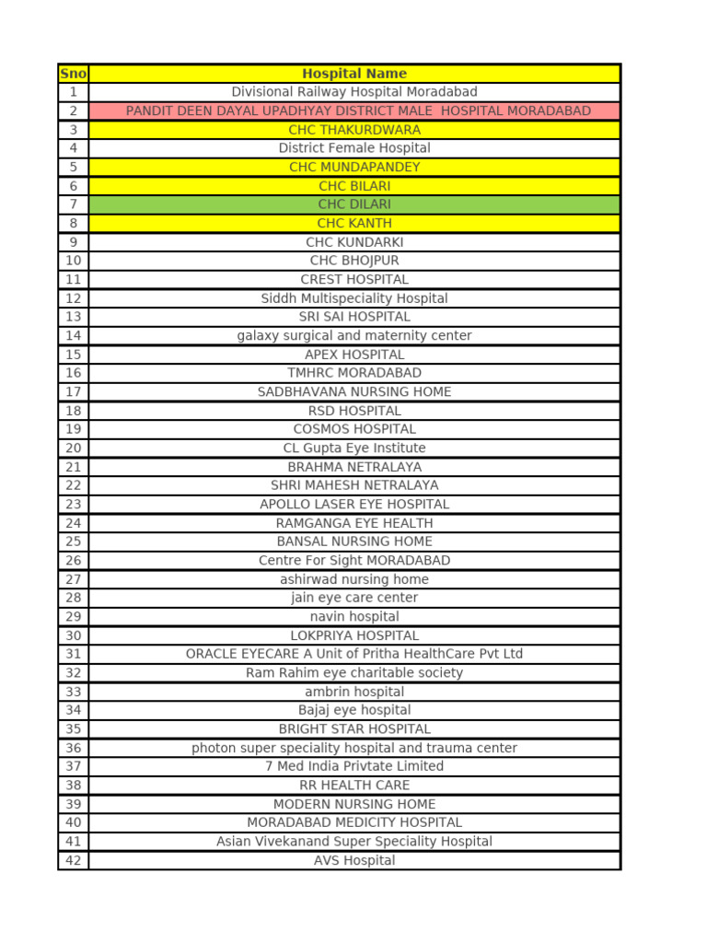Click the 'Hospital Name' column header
click(x=354, y=74)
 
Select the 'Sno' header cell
click(x=73, y=74)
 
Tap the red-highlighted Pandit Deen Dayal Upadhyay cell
click(x=358, y=111)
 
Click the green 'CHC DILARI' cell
click(x=354, y=204)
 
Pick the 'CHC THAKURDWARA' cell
click(x=354, y=130)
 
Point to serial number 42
click(x=74, y=860)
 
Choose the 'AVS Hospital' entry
click(x=354, y=860)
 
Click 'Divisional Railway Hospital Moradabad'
click(x=354, y=92)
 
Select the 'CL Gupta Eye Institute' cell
click(x=354, y=448)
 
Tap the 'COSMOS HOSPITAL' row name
click(x=354, y=429)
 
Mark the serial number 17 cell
click(x=74, y=391)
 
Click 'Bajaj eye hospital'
click(x=354, y=710)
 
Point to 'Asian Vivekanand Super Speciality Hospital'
click(x=354, y=842)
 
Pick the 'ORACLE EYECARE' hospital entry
click(x=354, y=654)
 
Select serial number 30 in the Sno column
click(x=74, y=635)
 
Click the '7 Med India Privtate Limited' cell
click(x=354, y=766)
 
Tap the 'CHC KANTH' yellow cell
click(x=354, y=223)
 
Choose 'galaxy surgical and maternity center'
click(x=354, y=335)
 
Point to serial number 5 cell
click(x=74, y=167)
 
